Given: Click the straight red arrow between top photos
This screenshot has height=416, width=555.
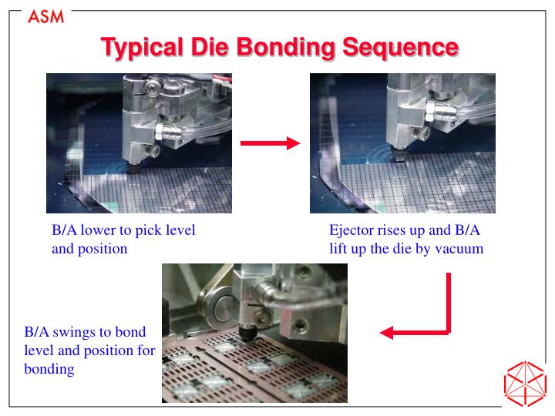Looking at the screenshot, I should pos(269,143).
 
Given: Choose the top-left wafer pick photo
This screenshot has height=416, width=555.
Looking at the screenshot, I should pos(140,143).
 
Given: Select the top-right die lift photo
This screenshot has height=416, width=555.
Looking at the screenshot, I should pos(402,143).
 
